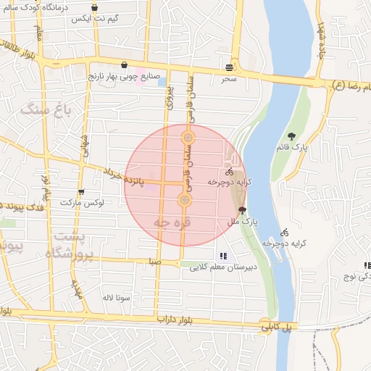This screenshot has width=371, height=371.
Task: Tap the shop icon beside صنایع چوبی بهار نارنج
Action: (125, 64)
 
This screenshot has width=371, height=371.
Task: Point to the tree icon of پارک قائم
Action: (291, 136)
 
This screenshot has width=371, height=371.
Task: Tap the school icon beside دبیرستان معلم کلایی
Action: (222, 256)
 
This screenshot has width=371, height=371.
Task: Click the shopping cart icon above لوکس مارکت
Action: (80, 192)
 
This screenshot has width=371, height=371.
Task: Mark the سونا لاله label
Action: (116, 297)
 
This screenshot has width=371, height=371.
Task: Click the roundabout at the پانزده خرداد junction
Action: (185, 199)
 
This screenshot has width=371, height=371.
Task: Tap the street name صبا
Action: (154, 262)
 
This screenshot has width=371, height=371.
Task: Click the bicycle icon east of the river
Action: (284, 233)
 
